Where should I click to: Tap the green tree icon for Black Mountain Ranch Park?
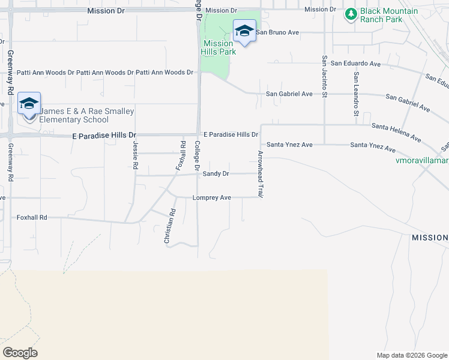click(x=351, y=13)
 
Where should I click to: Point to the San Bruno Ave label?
click(x=278, y=32)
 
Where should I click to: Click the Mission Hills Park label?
click(x=218, y=47)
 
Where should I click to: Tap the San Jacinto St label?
click(x=324, y=77)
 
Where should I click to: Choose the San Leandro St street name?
click(x=356, y=94)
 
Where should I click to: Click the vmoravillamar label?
click(x=423, y=161)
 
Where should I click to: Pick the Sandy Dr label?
click(x=216, y=173)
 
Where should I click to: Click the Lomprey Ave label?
click(x=212, y=197)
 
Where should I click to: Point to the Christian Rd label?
click(x=169, y=226)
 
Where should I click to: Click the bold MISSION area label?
click(x=429, y=238)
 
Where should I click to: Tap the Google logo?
click(x=20, y=353)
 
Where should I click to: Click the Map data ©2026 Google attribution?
click(x=411, y=355)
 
